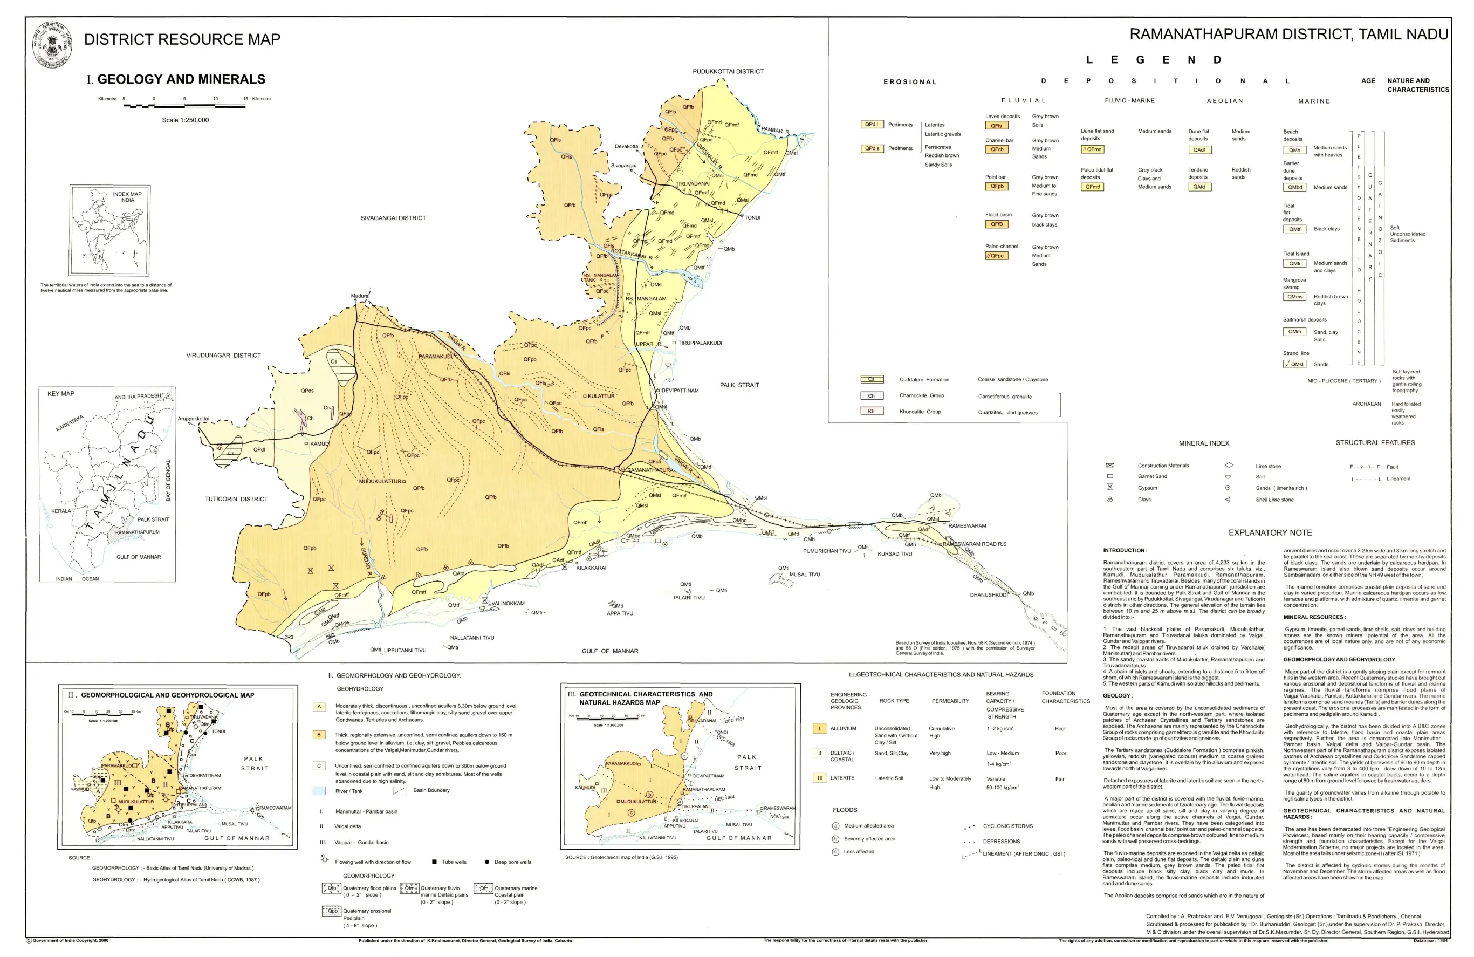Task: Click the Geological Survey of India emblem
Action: (x=52, y=44)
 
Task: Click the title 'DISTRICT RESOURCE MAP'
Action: (x=182, y=39)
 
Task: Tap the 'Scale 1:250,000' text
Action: (x=185, y=120)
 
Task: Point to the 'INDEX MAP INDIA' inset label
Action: (x=127, y=197)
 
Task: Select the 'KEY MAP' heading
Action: (x=61, y=394)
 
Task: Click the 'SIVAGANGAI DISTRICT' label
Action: (x=393, y=218)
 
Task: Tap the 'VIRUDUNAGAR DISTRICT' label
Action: (x=224, y=356)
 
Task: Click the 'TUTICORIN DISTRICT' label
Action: (x=237, y=499)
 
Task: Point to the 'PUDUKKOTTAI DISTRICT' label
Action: (x=728, y=72)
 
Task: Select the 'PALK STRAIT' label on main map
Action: (x=739, y=385)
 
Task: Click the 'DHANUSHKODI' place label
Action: (x=989, y=595)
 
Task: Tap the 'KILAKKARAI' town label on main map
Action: (x=592, y=568)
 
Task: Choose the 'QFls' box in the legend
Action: (x=996, y=126)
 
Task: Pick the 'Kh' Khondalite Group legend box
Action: (x=871, y=411)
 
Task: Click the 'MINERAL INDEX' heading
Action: (x=1204, y=443)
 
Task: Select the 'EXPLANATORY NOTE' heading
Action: (x=1270, y=532)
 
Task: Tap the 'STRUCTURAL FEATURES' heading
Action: (x=1375, y=443)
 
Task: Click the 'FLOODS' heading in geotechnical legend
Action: (x=845, y=810)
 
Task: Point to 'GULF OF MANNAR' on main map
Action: (x=610, y=651)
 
